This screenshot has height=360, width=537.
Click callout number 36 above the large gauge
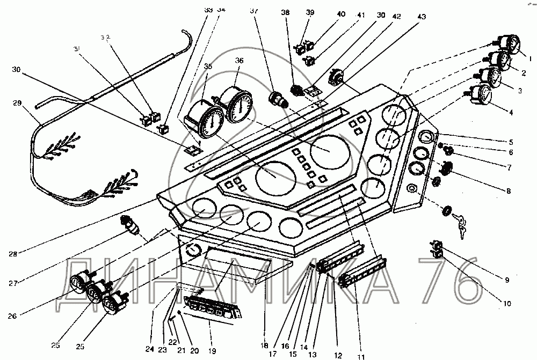(x=238, y=60)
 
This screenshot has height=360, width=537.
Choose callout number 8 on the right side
(x=508, y=190)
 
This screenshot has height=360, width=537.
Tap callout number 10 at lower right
(x=506, y=303)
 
